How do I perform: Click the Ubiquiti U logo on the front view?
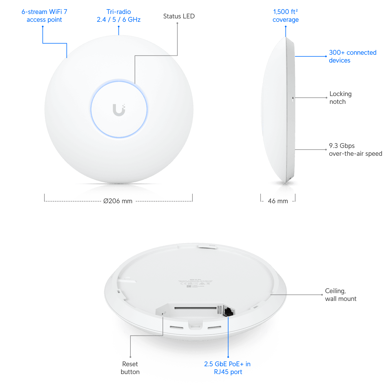[119, 110]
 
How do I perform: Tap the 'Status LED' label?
[179, 16]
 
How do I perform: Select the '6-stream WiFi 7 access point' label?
[44, 16]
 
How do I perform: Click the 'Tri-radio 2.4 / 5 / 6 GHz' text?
[119, 16]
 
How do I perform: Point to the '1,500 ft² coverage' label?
[285, 16]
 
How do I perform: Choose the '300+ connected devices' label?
[352, 56]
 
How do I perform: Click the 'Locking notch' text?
[340, 98]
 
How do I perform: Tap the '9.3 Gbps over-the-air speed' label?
[355, 150]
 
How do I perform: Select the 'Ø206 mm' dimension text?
[118, 201]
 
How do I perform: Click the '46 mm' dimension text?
[278, 201]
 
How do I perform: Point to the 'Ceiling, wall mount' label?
[341, 295]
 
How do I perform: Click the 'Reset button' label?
[130, 368]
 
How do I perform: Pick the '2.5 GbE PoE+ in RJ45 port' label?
[227, 368]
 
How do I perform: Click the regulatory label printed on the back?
[195, 283]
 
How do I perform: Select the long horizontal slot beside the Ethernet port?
[195, 309]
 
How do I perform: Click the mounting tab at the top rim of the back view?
[206, 246]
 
